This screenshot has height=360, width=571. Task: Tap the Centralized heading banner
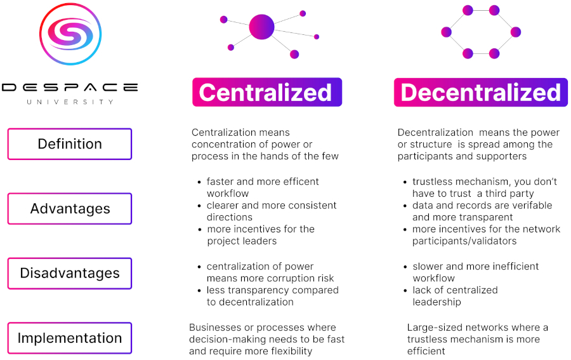click(266, 92)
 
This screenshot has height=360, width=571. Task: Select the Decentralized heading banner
click(480, 92)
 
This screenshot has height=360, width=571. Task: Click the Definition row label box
click(70, 144)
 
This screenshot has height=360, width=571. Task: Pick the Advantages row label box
click(70, 209)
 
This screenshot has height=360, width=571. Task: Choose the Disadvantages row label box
click(70, 274)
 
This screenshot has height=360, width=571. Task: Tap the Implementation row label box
click(70, 338)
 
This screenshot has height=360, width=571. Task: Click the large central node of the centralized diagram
click(261, 27)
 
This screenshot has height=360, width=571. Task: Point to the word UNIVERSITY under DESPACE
click(70, 102)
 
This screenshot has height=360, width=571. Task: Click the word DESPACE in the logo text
click(70, 87)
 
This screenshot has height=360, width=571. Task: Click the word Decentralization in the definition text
click(436, 133)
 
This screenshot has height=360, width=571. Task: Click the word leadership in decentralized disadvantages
click(436, 302)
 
